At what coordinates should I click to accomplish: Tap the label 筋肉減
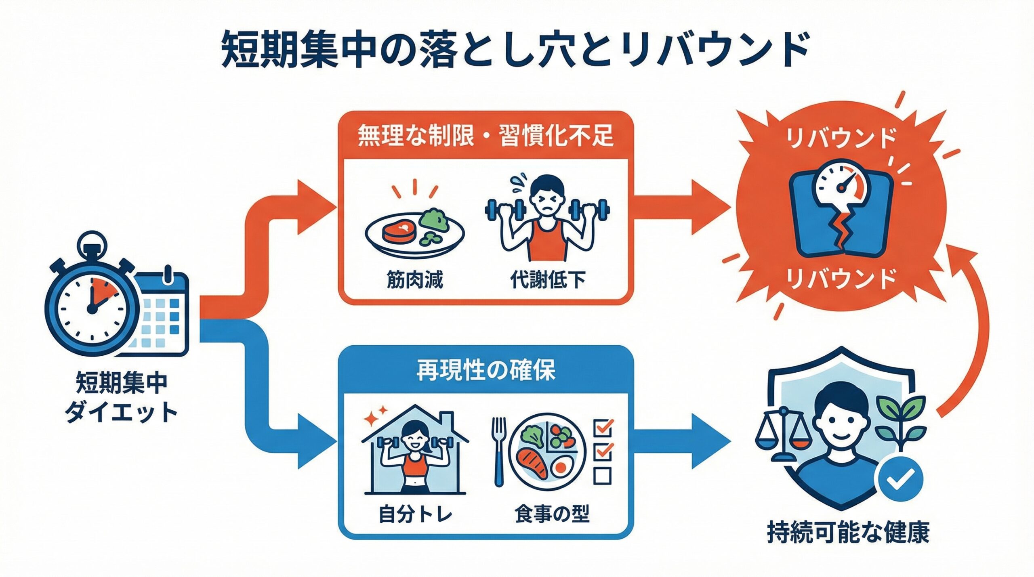(414, 280)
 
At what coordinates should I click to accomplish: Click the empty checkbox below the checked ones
(602, 475)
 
